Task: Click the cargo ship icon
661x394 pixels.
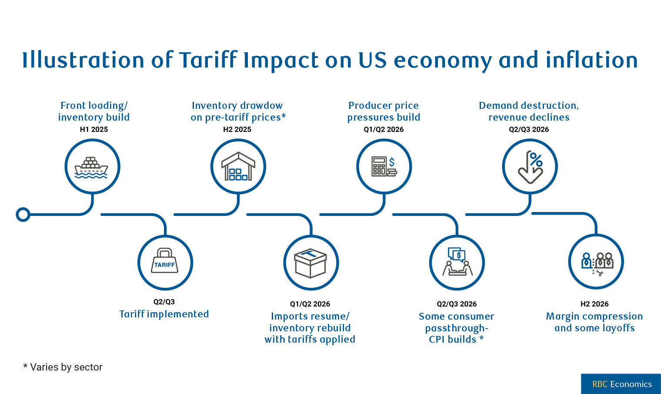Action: pyautogui.click(x=92, y=168)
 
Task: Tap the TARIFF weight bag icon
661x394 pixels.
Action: pyautogui.click(x=165, y=262)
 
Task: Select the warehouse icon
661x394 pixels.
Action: pyautogui.click(x=238, y=167)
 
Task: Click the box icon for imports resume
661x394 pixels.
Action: pyautogui.click(x=310, y=263)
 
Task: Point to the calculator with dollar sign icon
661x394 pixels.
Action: pyautogui.click(x=384, y=167)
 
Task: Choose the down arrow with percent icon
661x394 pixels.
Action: pyautogui.click(x=530, y=167)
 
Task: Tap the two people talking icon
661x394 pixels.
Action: pyautogui.click(x=457, y=262)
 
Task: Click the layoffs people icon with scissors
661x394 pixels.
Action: pyautogui.click(x=597, y=262)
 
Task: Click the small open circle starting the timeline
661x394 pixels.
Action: pyautogui.click(x=23, y=215)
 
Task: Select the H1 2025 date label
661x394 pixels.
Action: pyautogui.click(x=94, y=129)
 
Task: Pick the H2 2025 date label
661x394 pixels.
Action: pyautogui.click(x=237, y=129)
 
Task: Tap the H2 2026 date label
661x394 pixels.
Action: pyautogui.click(x=594, y=304)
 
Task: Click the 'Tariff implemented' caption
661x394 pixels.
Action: pyautogui.click(x=164, y=314)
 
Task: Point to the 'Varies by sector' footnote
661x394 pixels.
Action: pyautogui.click(x=63, y=367)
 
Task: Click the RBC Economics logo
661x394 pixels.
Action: pyautogui.click(x=621, y=384)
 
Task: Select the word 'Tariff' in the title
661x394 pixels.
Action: pyautogui.click(x=208, y=60)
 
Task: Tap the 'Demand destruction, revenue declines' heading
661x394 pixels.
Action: pyautogui.click(x=529, y=111)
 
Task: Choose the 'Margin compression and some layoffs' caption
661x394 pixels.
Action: pyautogui.click(x=594, y=322)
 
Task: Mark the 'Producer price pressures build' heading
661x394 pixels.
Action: pyautogui.click(x=384, y=111)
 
